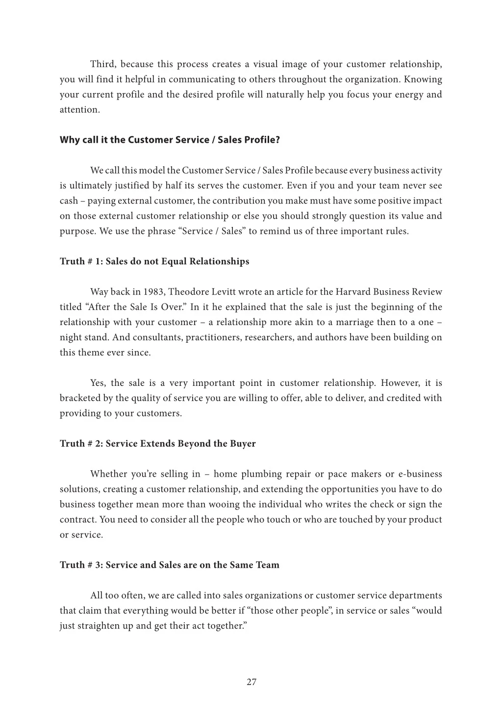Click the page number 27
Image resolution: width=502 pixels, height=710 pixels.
tap(251, 682)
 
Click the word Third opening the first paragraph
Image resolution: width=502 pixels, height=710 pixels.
tap(102, 64)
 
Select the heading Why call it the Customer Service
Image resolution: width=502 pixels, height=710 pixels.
tap(170, 140)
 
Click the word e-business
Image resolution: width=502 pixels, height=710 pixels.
tap(420, 474)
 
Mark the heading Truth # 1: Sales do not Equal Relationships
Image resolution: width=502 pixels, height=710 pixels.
tap(154, 261)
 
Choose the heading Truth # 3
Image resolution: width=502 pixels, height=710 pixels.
tap(170, 565)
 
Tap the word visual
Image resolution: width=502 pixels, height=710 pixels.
tap(267, 64)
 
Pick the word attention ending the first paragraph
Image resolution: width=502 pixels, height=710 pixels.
tap(79, 110)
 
